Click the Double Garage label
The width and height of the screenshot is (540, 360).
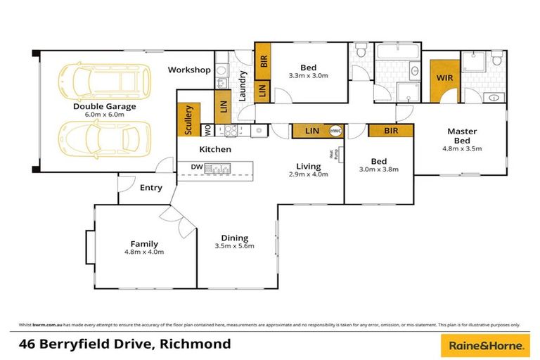click(105, 107)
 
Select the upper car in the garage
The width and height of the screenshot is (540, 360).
click(105, 81)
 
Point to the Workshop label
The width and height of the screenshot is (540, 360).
click(189, 70)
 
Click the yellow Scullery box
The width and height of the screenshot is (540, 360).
click(188, 120)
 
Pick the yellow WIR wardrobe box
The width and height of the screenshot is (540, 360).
click(444, 78)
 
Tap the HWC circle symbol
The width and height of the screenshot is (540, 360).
click(335, 131)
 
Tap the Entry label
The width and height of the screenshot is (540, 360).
click(150, 188)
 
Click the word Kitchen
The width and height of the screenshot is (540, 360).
click(215, 149)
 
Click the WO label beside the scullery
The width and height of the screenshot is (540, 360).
click(207, 131)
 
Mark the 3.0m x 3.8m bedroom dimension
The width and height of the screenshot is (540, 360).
click(380, 169)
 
